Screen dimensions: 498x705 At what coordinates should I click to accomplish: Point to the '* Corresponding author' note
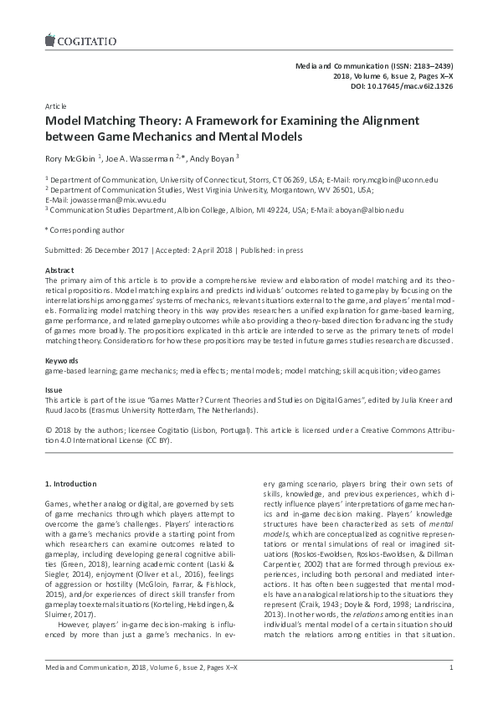[84, 229]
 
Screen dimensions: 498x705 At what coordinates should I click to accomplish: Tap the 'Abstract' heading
[59, 272]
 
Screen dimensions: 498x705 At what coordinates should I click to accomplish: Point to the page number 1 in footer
[451, 690]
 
